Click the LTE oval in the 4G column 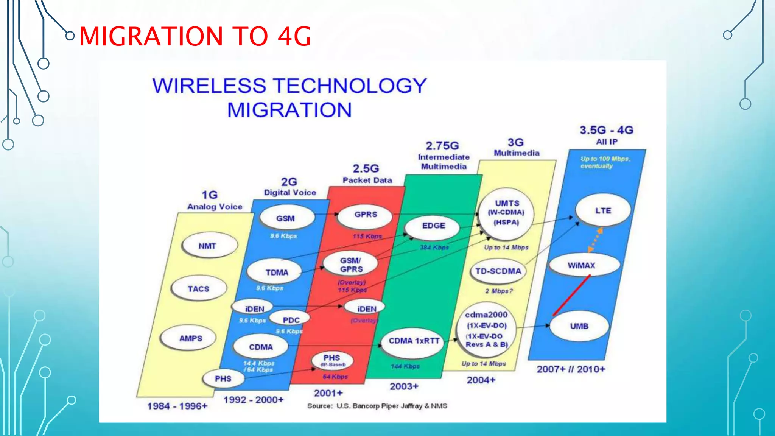click(x=603, y=210)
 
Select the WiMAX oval click(x=582, y=265)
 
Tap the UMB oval click(x=579, y=326)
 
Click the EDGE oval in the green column click(x=433, y=226)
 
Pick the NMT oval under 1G click(x=207, y=246)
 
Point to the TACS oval click(x=198, y=289)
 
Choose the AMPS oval click(x=190, y=338)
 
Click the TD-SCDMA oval click(x=498, y=271)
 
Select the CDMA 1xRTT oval click(x=414, y=341)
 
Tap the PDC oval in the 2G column click(x=291, y=320)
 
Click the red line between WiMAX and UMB click(x=571, y=295)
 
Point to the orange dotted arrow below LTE click(x=595, y=239)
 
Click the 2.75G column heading click(x=442, y=146)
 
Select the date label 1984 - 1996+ click(x=177, y=406)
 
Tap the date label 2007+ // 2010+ click(x=571, y=369)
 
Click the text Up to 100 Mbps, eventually click(x=604, y=162)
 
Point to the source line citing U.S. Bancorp click(x=377, y=406)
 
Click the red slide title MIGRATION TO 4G click(x=195, y=36)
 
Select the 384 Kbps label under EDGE click(x=434, y=248)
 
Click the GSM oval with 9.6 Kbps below click(x=286, y=218)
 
